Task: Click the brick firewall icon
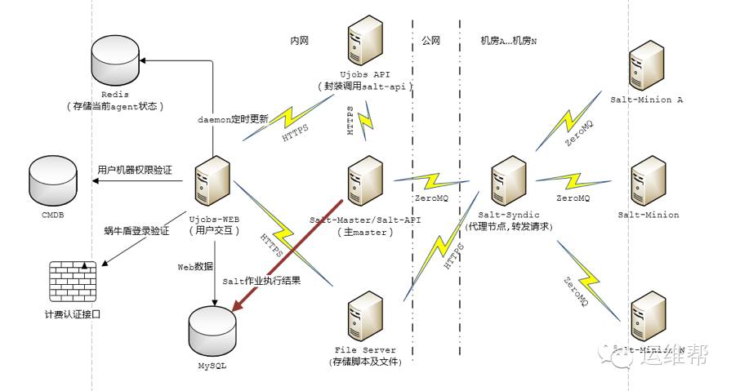(73, 282)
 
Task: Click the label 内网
(300, 40)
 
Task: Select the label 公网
(432, 40)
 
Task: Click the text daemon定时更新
(233, 119)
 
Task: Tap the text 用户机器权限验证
(135, 170)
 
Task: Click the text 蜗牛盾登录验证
(136, 231)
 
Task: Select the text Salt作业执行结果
(261, 280)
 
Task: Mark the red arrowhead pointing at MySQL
(238, 305)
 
